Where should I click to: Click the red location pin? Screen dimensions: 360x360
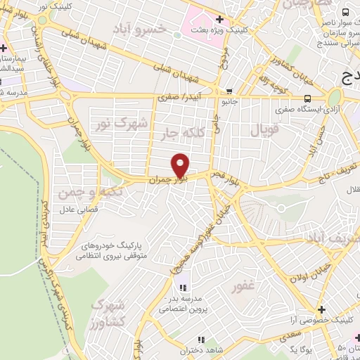point(181,165)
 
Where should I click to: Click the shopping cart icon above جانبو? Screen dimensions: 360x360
point(229,91)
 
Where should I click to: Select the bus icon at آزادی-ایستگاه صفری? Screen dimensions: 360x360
point(308,98)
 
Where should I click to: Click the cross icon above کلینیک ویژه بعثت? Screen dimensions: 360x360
point(220,19)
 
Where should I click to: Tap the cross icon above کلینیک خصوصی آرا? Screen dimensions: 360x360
point(321,309)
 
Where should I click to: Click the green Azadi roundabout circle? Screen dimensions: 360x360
point(334,97)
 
